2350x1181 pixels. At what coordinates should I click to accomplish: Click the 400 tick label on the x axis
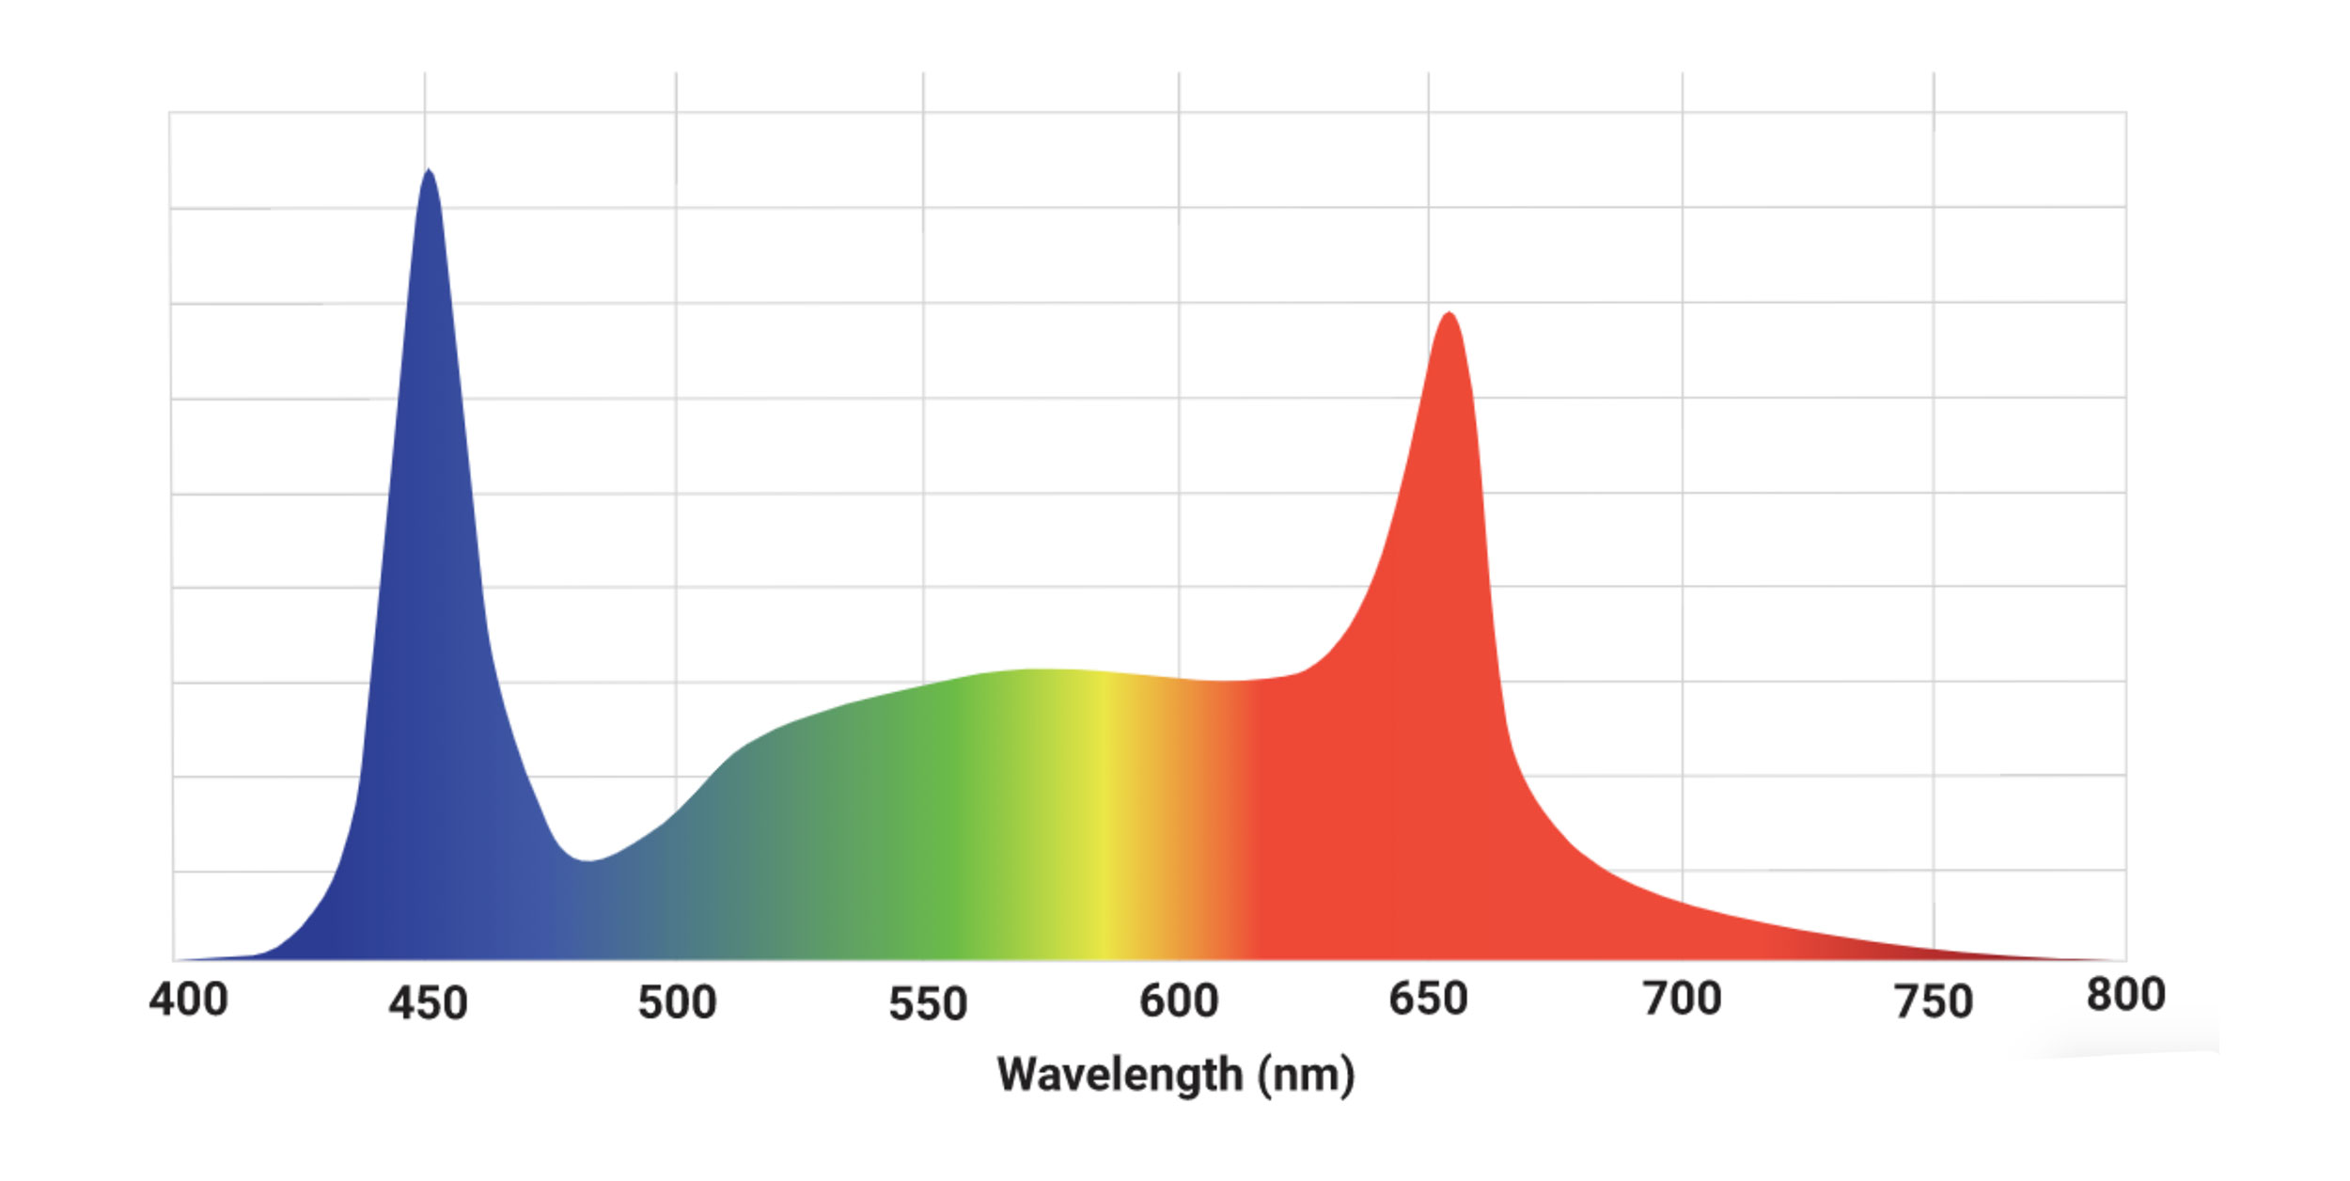point(188,1000)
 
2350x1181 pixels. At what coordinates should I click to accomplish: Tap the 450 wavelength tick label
point(428,1003)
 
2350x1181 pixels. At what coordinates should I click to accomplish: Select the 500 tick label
point(677,1002)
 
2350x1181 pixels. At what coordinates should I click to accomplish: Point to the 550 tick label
point(928,1003)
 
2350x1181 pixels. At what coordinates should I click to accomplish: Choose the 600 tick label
point(1179,1000)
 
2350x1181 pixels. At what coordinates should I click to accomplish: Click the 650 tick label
point(1428,999)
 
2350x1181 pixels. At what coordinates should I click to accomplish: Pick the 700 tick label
point(1682,999)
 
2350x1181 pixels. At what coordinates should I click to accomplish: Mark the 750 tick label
point(1933,1001)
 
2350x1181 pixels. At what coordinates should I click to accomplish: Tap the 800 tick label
point(2125,995)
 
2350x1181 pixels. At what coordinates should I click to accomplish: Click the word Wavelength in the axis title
point(1120,1074)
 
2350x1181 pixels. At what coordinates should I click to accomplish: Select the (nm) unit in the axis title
point(1307,1074)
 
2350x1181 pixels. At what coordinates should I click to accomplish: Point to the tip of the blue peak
point(429,170)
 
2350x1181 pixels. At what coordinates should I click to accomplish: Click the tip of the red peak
point(1449,313)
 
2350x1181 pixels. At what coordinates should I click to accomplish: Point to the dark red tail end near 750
point(1927,952)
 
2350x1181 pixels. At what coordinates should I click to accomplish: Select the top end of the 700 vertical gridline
point(1683,74)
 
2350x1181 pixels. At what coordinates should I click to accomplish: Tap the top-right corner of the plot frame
point(2125,113)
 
